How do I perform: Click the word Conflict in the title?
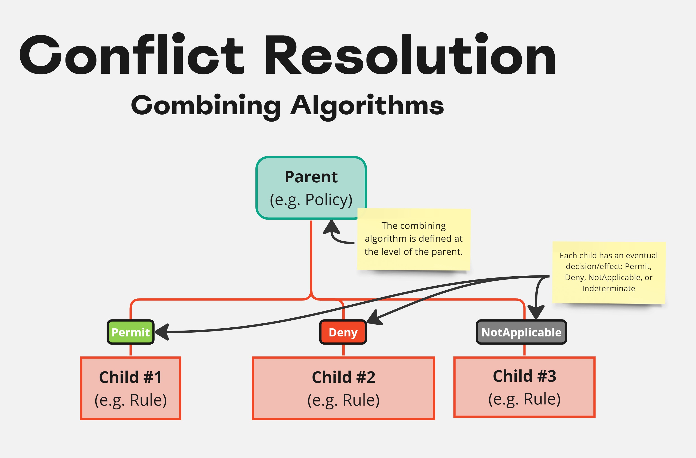(x=132, y=55)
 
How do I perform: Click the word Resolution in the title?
(x=409, y=55)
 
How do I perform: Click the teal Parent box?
(x=311, y=187)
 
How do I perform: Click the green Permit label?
(x=131, y=332)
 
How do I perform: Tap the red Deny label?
(x=343, y=332)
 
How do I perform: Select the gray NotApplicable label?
(x=521, y=332)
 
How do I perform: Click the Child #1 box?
(x=131, y=388)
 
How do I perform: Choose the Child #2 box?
(x=343, y=388)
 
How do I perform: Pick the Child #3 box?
(x=524, y=387)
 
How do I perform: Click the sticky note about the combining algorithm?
(x=413, y=239)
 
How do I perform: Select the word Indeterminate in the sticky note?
(x=608, y=289)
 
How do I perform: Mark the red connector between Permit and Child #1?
(x=131, y=350)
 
